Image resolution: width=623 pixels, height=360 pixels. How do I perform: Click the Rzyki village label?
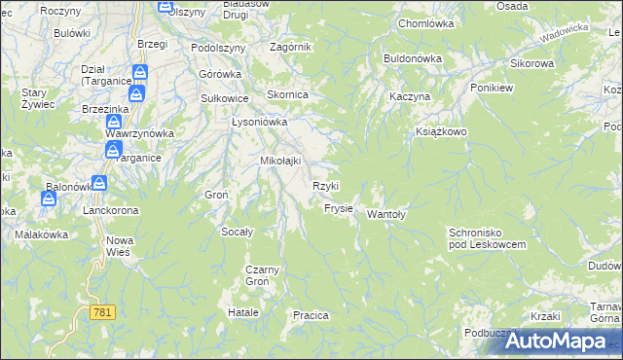coord(325,186)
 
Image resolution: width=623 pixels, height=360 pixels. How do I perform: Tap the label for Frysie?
coord(339,208)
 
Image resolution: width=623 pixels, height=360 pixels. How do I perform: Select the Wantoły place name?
coord(385,215)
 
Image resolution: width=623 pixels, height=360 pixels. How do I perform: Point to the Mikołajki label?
coord(279,161)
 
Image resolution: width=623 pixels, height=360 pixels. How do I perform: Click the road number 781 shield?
coord(103,312)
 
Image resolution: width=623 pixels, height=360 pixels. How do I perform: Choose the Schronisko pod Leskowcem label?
coord(487,238)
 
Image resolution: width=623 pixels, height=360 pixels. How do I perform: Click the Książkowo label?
coord(442,130)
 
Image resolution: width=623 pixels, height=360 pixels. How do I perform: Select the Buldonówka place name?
coord(413,58)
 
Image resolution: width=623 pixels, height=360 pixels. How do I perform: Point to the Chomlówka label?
coord(426,22)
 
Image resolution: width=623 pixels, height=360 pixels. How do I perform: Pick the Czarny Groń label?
coord(263,274)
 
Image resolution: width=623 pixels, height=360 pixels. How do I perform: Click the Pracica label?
coord(311,315)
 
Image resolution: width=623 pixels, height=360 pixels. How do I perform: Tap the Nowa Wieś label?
coord(119,244)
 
